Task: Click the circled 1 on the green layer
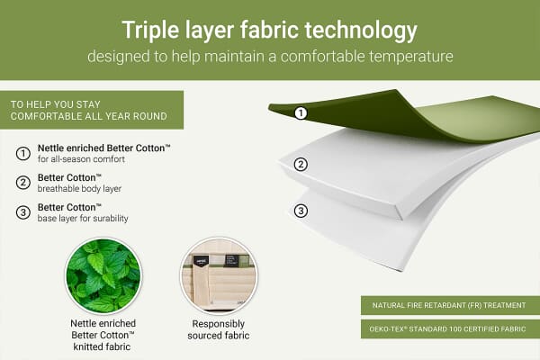pos(301,113)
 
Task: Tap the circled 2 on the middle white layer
pos(301,164)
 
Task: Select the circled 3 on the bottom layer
pos(301,211)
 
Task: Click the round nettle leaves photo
pos(103,275)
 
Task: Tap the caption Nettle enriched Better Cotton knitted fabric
pos(103,335)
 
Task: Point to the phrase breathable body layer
pos(80,188)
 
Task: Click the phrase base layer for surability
pos(84,219)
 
